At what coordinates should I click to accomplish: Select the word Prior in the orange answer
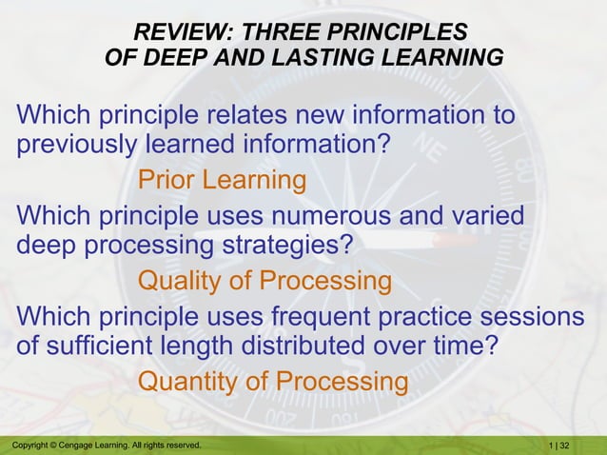171,179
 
